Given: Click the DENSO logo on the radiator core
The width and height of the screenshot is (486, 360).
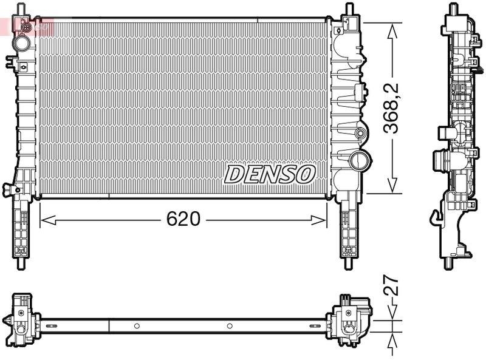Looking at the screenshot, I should tap(270, 174).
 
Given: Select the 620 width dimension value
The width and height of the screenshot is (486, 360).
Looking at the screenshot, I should tap(183, 219).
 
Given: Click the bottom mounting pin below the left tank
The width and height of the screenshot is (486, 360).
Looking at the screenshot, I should tap(21, 262).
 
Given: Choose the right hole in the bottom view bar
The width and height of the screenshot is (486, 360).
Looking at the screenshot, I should tap(230, 326).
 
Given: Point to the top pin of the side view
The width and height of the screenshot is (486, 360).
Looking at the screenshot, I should tap(452, 9).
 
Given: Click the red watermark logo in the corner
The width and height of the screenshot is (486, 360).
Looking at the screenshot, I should tap(27, 25).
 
